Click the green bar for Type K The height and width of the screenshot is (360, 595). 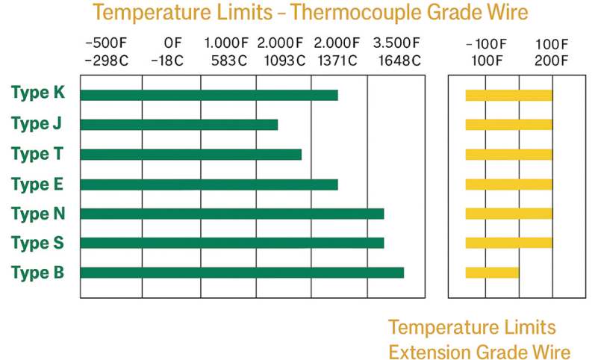click(x=208, y=95)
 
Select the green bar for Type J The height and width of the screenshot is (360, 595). click(x=178, y=125)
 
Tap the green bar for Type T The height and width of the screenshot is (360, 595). click(x=190, y=155)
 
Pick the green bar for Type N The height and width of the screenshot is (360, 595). click(x=231, y=214)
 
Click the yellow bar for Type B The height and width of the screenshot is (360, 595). click(x=491, y=273)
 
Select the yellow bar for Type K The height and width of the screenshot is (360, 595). click(x=508, y=95)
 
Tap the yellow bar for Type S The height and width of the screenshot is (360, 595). click(x=508, y=243)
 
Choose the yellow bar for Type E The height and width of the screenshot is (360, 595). click(x=508, y=184)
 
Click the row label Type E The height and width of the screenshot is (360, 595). click(x=38, y=184)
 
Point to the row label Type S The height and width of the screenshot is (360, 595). click(x=38, y=243)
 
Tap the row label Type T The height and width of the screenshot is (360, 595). click(x=38, y=154)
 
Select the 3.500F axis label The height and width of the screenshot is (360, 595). click(x=396, y=43)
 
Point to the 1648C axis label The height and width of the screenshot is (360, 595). click(x=399, y=60)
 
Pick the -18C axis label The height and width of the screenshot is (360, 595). click(x=167, y=60)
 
